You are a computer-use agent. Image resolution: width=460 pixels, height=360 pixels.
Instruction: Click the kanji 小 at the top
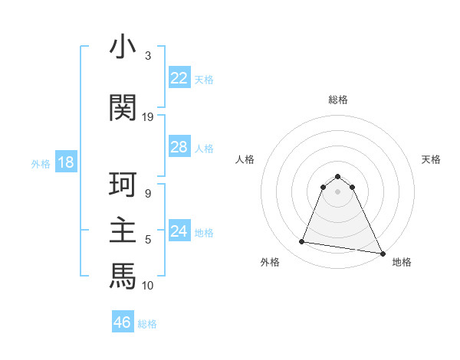pos(122,47)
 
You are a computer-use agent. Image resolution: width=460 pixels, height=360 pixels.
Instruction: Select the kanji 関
pos(122,108)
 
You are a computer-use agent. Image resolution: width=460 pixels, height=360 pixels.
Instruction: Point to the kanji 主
pos(122,232)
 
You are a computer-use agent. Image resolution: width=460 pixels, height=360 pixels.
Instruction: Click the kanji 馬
pos(122,277)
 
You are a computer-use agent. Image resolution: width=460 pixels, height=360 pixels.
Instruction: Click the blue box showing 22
pos(179,78)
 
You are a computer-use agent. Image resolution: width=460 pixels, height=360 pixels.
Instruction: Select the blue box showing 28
pos(179,147)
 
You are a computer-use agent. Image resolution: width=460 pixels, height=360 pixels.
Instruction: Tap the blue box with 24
pos(179,231)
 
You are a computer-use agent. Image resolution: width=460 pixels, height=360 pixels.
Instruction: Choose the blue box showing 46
pos(122,322)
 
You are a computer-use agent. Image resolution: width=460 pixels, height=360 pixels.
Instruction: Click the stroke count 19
pos(148,117)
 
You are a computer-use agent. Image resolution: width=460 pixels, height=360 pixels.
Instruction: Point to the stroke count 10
pos(148,286)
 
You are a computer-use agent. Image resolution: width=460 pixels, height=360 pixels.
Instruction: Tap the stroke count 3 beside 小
pos(148,56)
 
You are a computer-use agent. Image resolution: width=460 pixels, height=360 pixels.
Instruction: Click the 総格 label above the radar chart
pos(338,100)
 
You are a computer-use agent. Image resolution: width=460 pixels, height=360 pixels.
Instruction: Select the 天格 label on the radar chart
pos(431,159)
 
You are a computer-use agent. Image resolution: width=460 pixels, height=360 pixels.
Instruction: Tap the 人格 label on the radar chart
pos(245,159)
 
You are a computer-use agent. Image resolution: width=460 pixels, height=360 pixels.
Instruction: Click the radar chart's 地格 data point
pos(382,253)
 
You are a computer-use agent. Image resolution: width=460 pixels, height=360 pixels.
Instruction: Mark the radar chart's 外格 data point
pos(302,242)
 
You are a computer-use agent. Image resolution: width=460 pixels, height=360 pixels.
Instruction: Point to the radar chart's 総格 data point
pos(338,175)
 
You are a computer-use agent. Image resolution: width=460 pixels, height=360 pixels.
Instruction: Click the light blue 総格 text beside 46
pos(147,324)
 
